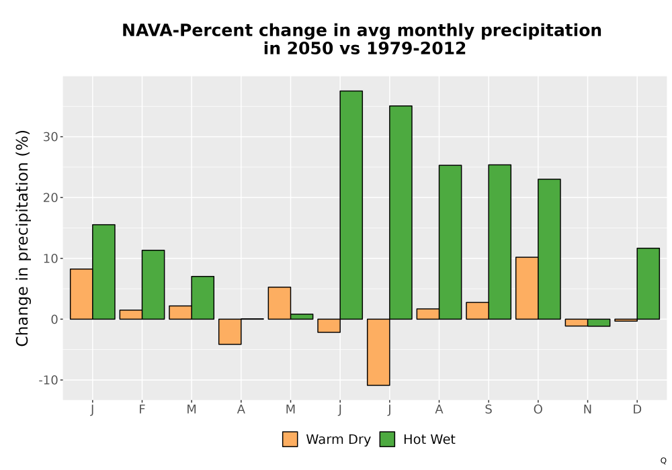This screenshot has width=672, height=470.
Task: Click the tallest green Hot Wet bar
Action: click(x=351, y=205)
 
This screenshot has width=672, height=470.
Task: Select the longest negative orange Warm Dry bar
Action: click(x=378, y=352)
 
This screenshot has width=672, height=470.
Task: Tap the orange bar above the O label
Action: click(x=527, y=288)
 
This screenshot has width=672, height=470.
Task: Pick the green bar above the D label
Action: click(x=648, y=284)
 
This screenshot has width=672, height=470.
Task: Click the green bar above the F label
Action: click(x=153, y=285)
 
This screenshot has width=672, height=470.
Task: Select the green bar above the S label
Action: click(x=500, y=242)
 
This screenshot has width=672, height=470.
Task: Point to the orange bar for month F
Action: click(x=131, y=315)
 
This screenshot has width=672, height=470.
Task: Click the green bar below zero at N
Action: click(x=599, y=323)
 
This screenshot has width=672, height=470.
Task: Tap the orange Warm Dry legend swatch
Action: click(x=290, y=439)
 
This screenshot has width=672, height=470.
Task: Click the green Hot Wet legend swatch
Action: click(x=387, y=439)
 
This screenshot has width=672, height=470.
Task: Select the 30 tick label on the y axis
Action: click(x=50, y=137)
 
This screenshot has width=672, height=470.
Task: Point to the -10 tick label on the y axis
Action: click(x=48, y=380)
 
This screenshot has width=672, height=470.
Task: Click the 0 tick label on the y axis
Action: click(x=54, y=320)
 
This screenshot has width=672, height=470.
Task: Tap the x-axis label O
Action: click(x=538, y=410)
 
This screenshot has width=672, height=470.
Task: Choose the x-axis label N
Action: click(x=587, y=410)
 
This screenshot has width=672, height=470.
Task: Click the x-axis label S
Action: click(x=489, y=410)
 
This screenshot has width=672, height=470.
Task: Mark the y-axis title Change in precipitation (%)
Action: click(x=22, y=238)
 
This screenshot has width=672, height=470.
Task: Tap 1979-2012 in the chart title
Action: click(x=416, y=48)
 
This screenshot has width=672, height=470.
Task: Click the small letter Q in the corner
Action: click(x=663, y=461)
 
